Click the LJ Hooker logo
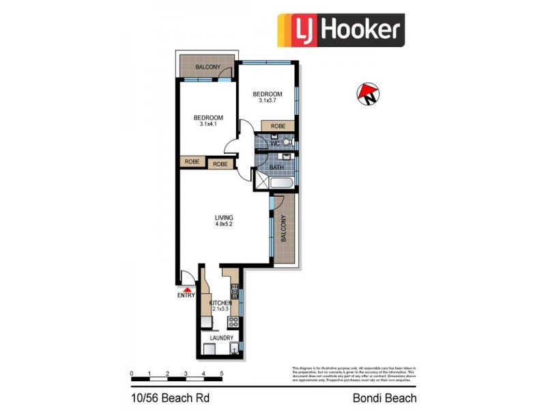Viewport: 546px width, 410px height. point(341,31)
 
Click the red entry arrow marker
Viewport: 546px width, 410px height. point(186,290)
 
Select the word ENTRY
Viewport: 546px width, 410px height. point(186,296)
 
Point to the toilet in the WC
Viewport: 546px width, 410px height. point(287,142)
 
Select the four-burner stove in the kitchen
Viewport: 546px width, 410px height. point(233,323)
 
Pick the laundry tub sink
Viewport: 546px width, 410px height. point(234,350)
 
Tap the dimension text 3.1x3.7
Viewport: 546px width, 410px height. point(267,101)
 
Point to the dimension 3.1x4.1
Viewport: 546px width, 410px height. point(208,124)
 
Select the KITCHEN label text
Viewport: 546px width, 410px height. point(220,303)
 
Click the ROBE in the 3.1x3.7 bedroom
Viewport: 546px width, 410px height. point(278,126)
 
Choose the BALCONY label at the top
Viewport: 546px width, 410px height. point(207,67)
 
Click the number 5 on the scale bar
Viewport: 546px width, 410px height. point(221,374)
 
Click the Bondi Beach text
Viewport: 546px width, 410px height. point(384,397)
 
